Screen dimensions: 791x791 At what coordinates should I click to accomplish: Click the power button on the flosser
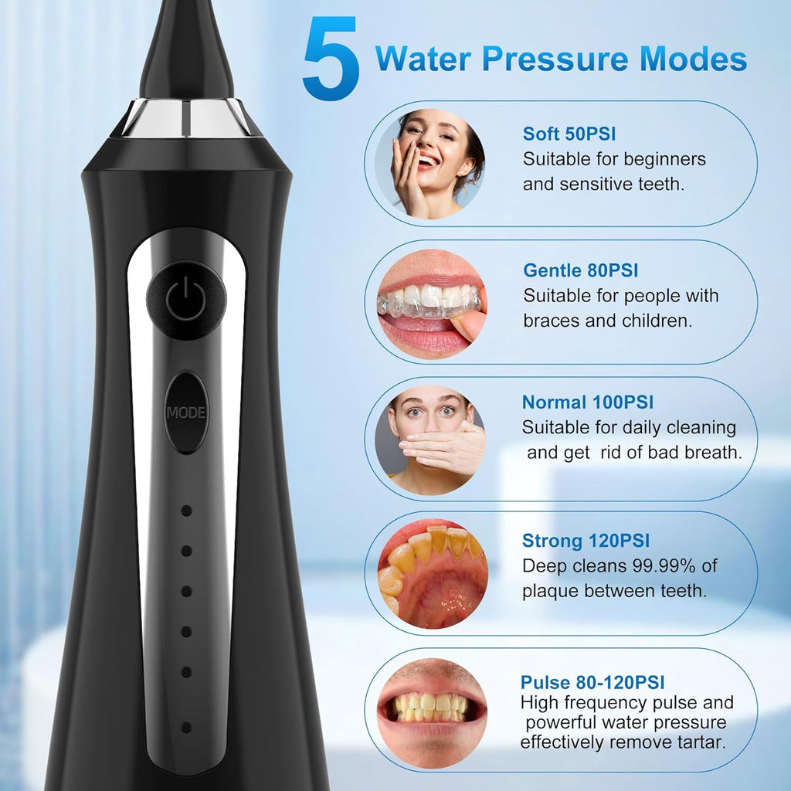(x=186, y=299)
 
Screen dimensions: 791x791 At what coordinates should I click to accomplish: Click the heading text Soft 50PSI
(x=569, y=134)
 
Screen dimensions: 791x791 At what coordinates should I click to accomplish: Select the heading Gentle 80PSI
(x=580, y=270)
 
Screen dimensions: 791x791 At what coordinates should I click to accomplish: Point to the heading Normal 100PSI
(x=587, y=402)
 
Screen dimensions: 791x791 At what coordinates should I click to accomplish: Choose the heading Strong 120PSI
(x=586, y=540)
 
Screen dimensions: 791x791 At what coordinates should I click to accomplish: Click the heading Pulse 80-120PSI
(x=592, y=682)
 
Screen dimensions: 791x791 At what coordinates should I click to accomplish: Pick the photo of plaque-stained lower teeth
(x=432, y=575)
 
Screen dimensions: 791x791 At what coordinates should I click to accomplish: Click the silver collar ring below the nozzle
(x=186, y=117)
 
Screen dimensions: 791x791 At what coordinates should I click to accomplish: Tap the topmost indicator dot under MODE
(x=186, y=511)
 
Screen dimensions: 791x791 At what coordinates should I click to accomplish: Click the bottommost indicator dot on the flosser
(x=186, y=727)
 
